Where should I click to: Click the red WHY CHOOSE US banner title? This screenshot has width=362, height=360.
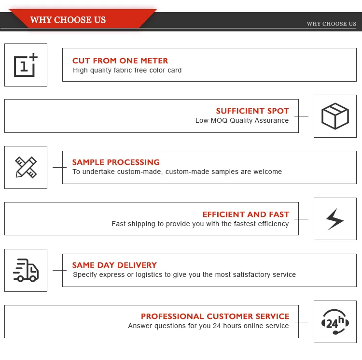click(x=68, y=20)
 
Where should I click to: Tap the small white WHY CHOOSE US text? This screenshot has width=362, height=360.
click(x=331, y=24)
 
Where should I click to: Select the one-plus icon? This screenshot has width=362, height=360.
click(x=26, y=65)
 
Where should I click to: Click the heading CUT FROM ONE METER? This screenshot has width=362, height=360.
click(x=120, y=61)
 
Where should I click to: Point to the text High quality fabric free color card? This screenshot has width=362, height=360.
click(x=127, y=70)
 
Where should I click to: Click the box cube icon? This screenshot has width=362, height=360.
click(x=335, y=116)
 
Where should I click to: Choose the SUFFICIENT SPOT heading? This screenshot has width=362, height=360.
click(x=252, y=111)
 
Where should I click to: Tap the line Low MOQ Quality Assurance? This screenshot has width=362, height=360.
click(x=242, y=120)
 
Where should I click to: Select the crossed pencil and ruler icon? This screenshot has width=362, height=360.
click(x=26, y=167)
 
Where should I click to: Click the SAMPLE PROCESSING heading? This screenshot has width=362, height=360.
click(x=116, y=162)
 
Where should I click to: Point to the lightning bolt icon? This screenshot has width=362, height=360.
click(x=335, y=219)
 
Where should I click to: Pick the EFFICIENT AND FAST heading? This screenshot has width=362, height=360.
click(x=246, y=215)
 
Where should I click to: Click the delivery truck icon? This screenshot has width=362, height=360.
click(x=26, y=270)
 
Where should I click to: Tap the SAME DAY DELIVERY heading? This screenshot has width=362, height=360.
click(x=114, y=265)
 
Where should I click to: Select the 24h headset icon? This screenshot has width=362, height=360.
click(x=335, y=322)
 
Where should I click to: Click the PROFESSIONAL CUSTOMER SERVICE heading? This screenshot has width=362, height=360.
click(x=215, y=317)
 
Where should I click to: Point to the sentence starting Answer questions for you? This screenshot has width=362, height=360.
click(x=208, y=326)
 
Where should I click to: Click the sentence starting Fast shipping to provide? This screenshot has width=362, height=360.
click(x=200, y=224)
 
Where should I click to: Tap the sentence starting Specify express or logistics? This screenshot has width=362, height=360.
click(x=184, y=274)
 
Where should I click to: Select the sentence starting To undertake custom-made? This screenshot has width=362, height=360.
click(x=177, y=172)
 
